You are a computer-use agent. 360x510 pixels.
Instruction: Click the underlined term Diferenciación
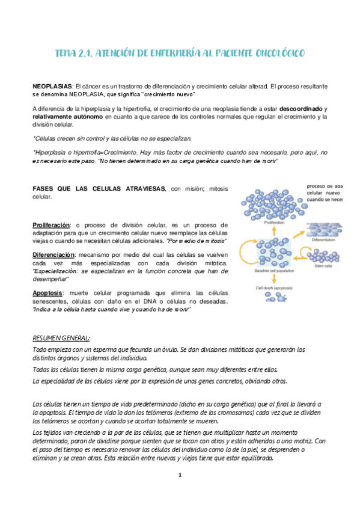[x=53, y=255]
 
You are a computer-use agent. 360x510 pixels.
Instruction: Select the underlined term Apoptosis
[x=47, y=293]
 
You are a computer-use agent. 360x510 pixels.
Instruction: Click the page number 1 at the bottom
[x=180, y=475]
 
